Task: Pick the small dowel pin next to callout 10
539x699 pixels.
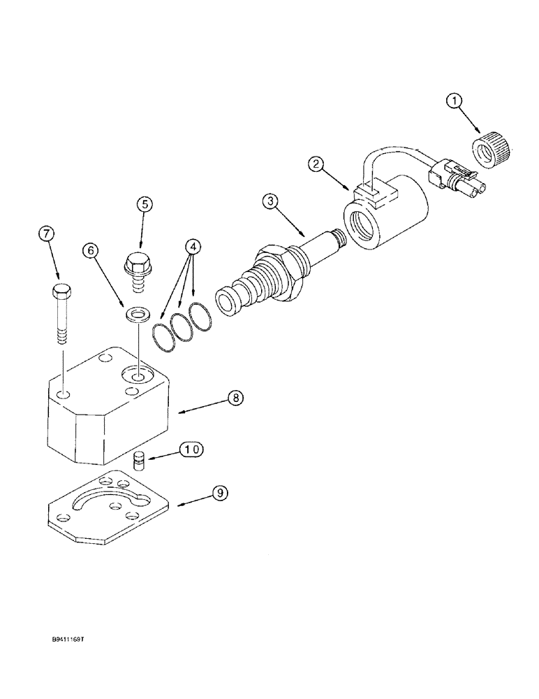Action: tap(138, 461)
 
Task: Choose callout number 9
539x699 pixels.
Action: tap(219, 493)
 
